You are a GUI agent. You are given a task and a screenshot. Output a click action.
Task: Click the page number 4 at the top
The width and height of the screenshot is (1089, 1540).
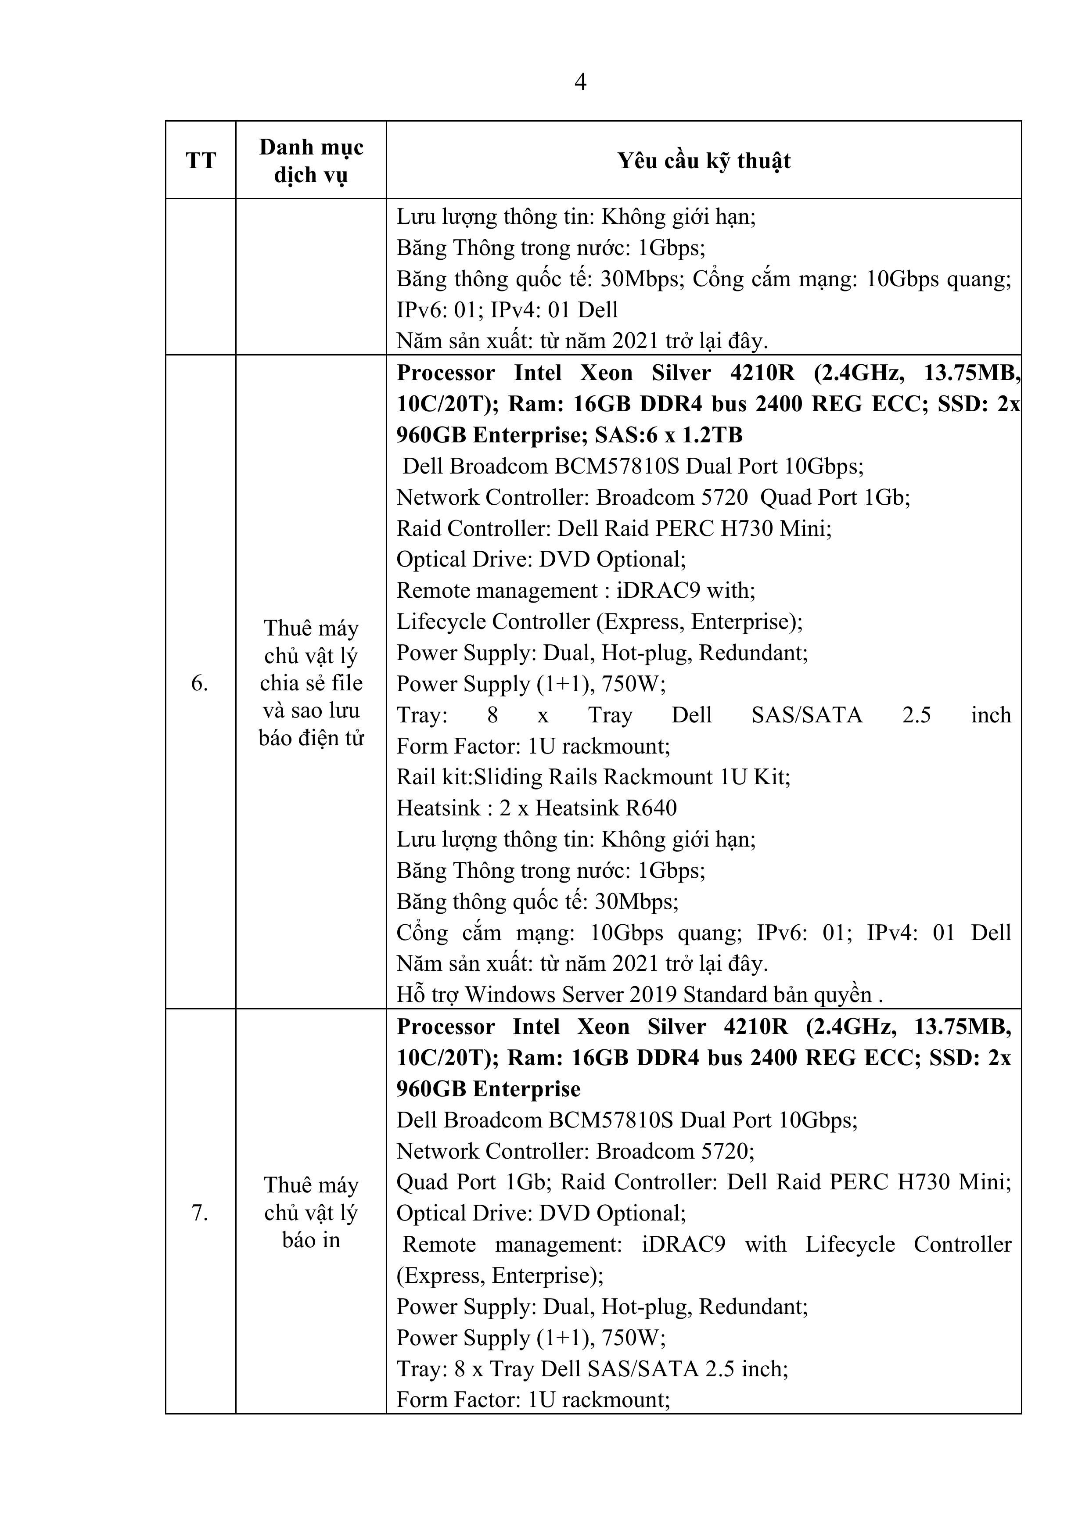pyautogui.click(x=580, y=82)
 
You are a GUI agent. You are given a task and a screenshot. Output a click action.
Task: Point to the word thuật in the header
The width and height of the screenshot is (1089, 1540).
pyautogui.click(x=764, y=162)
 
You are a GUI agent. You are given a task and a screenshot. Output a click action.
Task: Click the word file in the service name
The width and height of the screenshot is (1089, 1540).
pyautogui.click(x=348, y=683)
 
